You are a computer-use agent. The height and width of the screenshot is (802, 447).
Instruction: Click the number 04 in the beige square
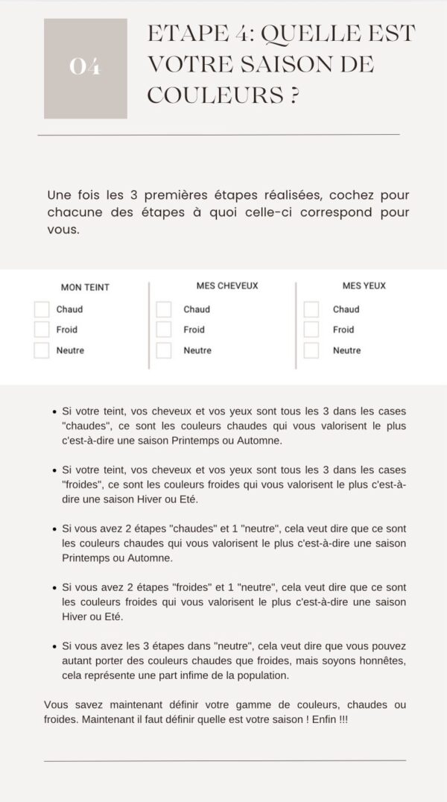(x=85, y=67)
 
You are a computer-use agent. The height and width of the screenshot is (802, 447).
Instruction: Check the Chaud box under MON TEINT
(x=42, y=309)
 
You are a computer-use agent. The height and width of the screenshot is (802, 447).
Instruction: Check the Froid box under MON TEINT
(x=42, y=329)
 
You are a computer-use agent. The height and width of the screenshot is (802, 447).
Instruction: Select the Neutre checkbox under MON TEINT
(x=42, y=350)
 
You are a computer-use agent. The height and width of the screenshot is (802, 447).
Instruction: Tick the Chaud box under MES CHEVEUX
(x=164, y=309)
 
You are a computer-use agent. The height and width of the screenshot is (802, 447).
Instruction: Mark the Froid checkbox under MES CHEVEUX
(x=164, y=329)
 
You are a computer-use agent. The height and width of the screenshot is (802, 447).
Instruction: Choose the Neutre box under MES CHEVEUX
(x=164, y=350)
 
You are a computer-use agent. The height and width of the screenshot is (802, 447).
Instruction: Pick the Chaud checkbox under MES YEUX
(x=311, y=309)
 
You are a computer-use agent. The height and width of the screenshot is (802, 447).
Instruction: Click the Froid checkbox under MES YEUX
(x=311, y=329)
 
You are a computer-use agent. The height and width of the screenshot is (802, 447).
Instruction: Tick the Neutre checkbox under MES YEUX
(x=311, y=350)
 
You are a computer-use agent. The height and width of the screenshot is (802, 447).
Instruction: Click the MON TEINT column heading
(x=85, y=287)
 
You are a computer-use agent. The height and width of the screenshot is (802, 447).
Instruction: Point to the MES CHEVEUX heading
(x=227, y=285)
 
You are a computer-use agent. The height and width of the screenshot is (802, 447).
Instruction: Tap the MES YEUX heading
(x=364, y=285)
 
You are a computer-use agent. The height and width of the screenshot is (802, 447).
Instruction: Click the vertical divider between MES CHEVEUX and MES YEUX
(x=296, y=325)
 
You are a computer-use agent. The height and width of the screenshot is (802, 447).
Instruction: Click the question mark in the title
(x=296, y=95)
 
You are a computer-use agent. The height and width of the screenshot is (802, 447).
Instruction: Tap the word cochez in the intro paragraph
(x=347, y=195)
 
